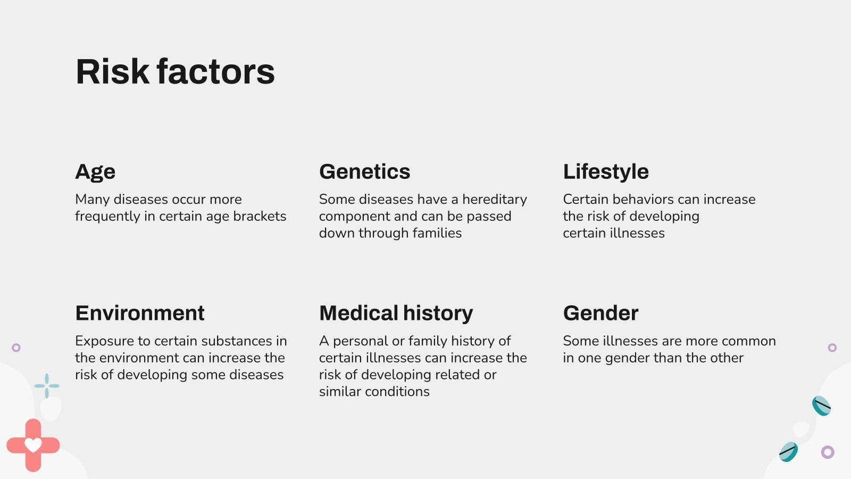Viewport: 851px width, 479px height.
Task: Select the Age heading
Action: point(95,172)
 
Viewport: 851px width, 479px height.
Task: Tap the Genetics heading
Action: point(365,171)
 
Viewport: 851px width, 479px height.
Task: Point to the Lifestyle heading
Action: point(606,172)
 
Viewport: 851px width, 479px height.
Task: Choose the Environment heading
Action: point(140,313)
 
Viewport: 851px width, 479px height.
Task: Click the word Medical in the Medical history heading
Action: point(358,313)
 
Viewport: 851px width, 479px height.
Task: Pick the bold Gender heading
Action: point(600,313)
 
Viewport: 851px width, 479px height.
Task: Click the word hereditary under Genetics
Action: point(494,200)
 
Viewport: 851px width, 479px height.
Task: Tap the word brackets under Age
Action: point(260,216)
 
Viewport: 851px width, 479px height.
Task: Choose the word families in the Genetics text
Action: point(437,233)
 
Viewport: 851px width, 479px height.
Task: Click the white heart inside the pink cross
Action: point(33,445)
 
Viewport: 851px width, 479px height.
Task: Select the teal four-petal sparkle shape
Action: point(47,386)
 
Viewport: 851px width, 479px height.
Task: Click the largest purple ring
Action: point(828,452)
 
